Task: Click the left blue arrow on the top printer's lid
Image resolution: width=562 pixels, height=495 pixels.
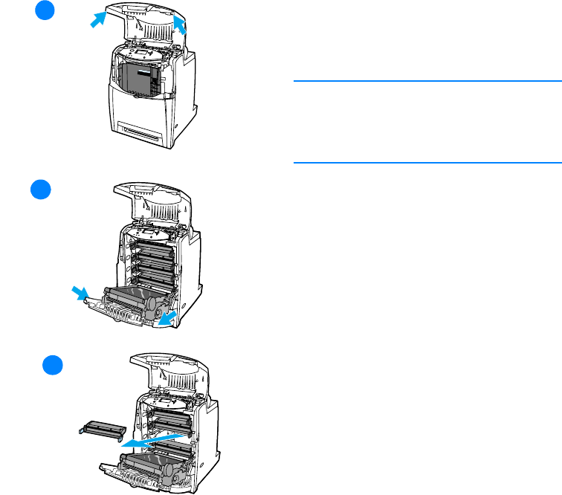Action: [x=97, y=20]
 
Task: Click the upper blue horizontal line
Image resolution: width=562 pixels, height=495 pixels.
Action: [x=427, y=81]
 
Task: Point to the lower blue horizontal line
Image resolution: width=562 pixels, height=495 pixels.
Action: [x=427, y=162]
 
